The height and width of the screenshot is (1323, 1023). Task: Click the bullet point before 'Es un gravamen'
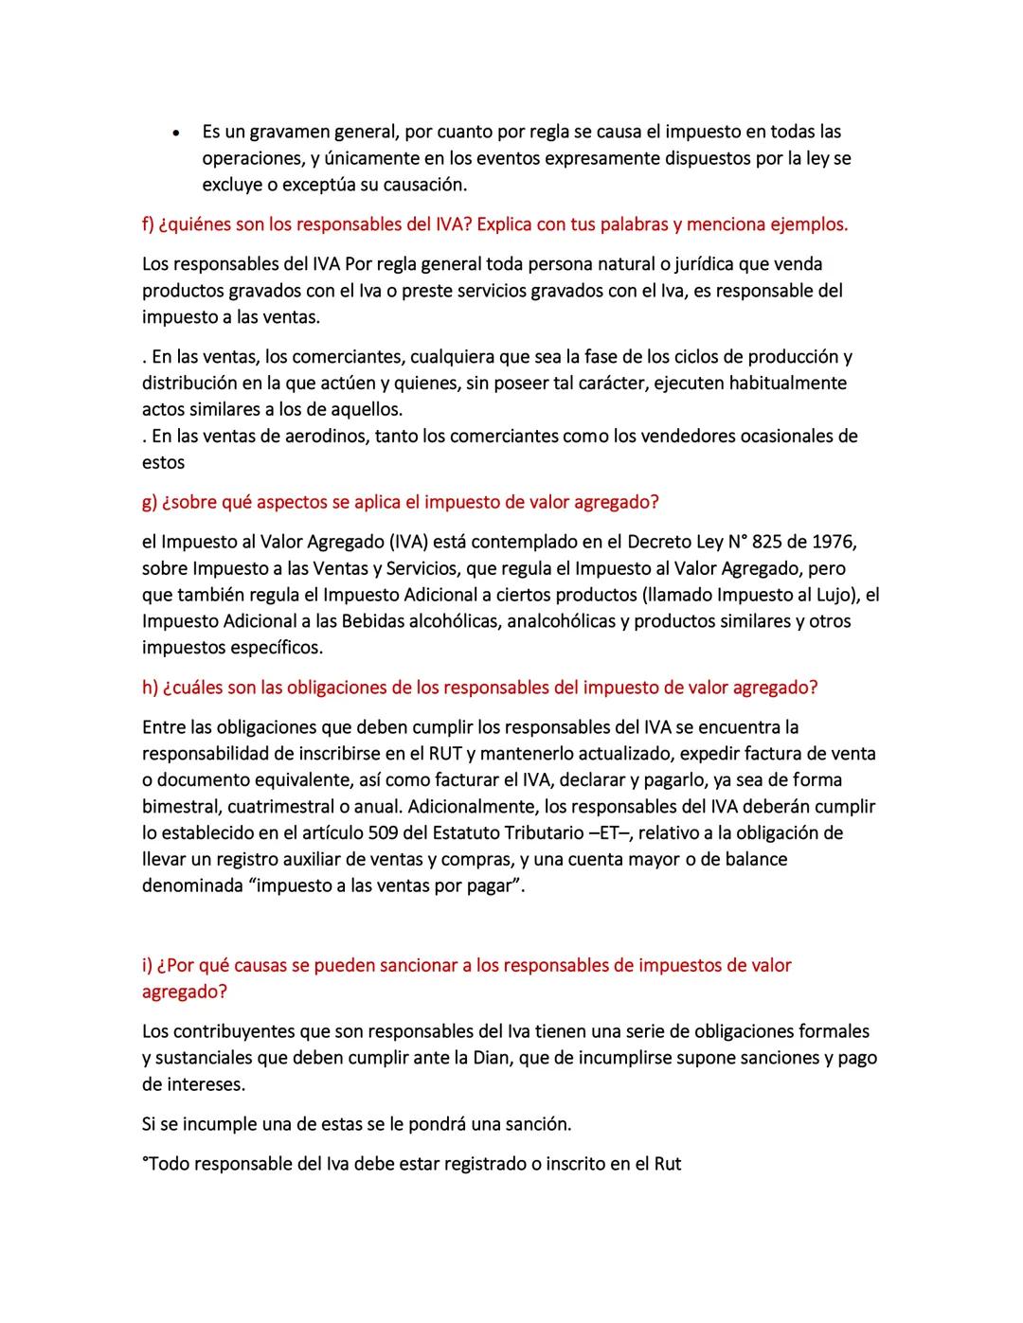pos(177,133)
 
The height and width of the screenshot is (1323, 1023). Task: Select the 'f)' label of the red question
pos(148,224)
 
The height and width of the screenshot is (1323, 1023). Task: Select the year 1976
pos(835,542)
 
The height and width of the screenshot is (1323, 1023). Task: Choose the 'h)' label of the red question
pos(150,688)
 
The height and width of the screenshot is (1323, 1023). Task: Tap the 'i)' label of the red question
pos(147,965)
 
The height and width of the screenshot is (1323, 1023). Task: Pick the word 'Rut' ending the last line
pos(668,1164)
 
